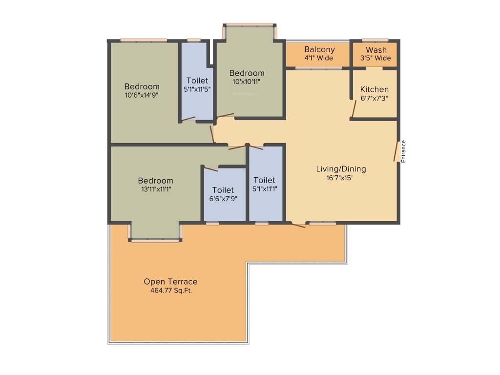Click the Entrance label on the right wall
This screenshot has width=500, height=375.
pos(403,151)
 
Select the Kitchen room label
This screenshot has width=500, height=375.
pos(375,89)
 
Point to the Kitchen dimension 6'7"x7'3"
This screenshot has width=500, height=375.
pos(375,98)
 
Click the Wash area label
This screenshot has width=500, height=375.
pos(376,50)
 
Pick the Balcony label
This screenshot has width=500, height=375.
pos(319,49)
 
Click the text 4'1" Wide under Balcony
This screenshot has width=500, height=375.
pos(319,58)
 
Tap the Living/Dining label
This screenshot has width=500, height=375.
pos(341,169)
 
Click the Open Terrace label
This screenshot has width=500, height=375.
pos(170,282)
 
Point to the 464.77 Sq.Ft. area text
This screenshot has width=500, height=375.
pos(170,291)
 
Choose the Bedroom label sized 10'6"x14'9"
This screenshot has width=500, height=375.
pos(142,86)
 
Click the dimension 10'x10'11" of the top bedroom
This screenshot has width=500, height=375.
pos(247,82)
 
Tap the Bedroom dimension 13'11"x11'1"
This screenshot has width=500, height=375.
pos(155,189)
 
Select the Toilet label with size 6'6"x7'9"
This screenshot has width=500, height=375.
pos(223,190)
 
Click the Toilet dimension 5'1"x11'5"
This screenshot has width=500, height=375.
pos(197,89)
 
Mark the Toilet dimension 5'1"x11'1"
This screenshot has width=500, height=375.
pos(264,189)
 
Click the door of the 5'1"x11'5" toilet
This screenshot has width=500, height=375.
pos(188,119)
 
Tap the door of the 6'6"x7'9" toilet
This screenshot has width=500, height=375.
pos(211,169)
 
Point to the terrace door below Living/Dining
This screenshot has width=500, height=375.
pos(298,225)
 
